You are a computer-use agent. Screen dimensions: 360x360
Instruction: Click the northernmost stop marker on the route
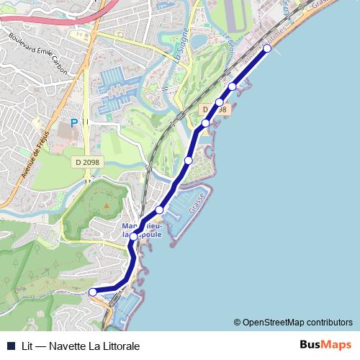pos(267,48)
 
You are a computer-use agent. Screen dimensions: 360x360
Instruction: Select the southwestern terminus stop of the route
pos(93,292)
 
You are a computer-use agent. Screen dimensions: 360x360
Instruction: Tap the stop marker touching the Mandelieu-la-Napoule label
pos(133,236)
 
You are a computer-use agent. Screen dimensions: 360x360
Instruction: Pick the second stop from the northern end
pos(233,86)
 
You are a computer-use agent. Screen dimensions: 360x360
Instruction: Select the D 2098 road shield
pos(87,163)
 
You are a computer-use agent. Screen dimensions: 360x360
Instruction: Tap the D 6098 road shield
pos(214,109)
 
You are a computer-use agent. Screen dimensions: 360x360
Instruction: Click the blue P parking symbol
pos(73,124)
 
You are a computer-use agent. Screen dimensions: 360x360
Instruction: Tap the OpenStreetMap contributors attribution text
pos(297,323)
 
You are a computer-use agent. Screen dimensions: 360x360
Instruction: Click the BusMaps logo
pos(326,346)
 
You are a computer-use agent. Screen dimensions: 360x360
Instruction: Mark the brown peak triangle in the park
pos(106,206)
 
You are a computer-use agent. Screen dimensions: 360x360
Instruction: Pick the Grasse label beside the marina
pos(197,203)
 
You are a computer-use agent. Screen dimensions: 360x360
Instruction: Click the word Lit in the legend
pos(27,346)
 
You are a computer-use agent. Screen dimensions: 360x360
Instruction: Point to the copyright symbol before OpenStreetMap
pos(237,323)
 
